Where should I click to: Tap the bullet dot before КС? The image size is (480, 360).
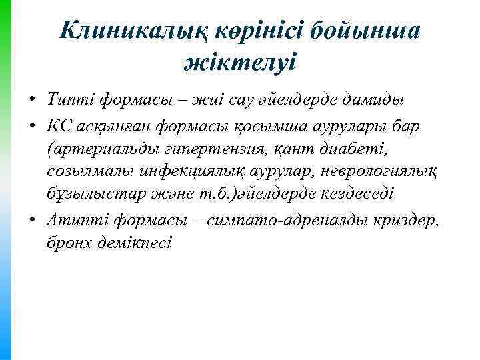(32, 125)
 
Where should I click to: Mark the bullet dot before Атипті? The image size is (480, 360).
(32, 217)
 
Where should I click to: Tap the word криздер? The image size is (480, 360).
(408, 217)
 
